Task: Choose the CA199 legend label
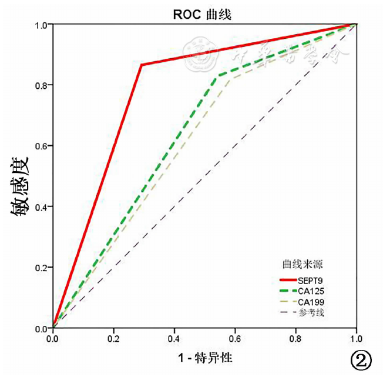point(313,302)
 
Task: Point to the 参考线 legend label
point(312,312)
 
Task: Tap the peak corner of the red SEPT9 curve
point(142,64)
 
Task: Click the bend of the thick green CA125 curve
point(219,76)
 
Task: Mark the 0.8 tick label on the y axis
point(42,85)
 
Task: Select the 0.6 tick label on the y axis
point(42,146)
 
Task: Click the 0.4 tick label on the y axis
point(42,206)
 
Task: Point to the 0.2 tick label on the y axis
point(42,268)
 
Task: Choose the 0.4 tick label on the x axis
point(174,339)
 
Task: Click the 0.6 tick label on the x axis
point(235,339)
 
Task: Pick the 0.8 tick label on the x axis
point(296,339)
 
